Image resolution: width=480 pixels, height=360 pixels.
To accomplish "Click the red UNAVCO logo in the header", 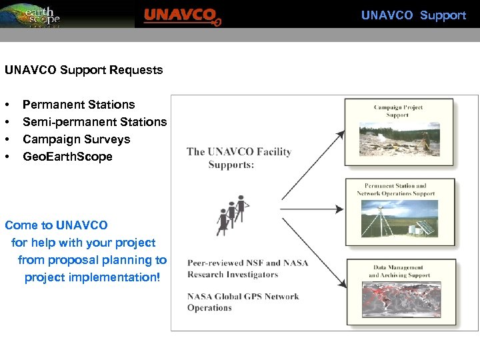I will (x=181, y=15).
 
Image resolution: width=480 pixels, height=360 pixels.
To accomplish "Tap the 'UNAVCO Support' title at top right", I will (x=413, y=15).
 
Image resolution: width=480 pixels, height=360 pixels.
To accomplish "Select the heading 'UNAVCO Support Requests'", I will (x=83, y=70).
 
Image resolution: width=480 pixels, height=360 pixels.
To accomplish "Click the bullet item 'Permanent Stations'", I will (x=79, y=105).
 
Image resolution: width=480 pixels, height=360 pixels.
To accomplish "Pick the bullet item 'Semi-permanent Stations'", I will (x=95, y=122).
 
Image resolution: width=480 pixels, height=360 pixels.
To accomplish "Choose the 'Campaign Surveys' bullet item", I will (x=76, y=139).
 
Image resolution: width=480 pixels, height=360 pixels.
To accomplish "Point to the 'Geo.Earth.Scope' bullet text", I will (x=67, y=157).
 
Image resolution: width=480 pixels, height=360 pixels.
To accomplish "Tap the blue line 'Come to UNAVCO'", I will (x=56, y=225).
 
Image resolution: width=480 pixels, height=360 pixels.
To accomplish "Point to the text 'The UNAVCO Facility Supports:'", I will (x=239, y=158).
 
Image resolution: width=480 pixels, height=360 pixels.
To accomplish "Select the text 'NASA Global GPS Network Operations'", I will (x=243, y=302).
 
